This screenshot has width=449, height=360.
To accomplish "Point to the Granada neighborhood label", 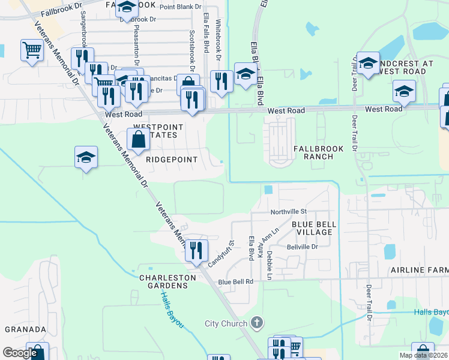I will click(x=25, y=329).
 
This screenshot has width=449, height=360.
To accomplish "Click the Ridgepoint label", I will click(x=172, y=160).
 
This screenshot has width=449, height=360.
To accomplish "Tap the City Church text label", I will click(x=226, y=323).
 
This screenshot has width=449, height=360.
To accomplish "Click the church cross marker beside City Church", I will click(x=256, y=323).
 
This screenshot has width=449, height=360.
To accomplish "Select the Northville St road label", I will click(x=288, y=212).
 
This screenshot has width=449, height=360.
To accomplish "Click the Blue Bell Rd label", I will click(x=236, y=281).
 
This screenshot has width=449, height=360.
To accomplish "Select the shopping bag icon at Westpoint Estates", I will click(x=138, y=139).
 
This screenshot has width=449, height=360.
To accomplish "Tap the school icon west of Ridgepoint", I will click(x=86, y=157).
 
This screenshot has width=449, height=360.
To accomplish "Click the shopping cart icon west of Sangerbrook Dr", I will click(x=32, y=50).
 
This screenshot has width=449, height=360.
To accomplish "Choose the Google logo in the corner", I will click(x=20, y=353).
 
